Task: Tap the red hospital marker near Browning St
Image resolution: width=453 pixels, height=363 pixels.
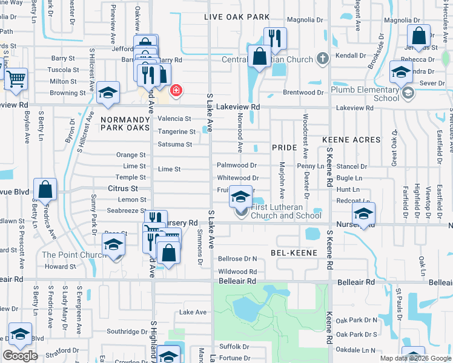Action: [x=176, y=91]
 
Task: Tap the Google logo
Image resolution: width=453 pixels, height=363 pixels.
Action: [x=21, y=355]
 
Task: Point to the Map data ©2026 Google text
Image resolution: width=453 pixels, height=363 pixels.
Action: [x=415, y=358]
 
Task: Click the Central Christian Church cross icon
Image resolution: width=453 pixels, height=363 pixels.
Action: [x=323, y=59]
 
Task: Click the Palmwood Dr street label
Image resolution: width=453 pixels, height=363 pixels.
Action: [x=237, y=165]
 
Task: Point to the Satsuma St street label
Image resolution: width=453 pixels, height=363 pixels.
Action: [x=174, y=145]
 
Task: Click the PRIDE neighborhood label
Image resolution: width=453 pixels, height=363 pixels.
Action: [x=284, y=148]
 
